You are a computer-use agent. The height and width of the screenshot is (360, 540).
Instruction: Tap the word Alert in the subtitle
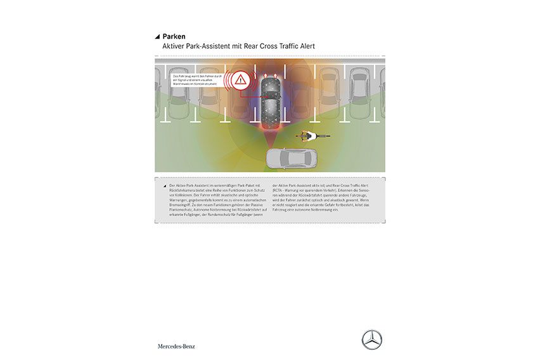(x=303, y=47)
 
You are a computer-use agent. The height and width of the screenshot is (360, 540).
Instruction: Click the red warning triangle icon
(x=240, y=80)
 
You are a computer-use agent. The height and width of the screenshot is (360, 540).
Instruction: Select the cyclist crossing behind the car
(x=311, y=135)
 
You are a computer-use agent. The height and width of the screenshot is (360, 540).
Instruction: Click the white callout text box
(x=195, y=80)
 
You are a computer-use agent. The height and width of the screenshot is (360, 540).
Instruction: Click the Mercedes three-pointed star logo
(x=371, y=340)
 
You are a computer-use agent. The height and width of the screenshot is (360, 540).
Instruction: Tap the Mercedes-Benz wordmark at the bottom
(x=176, y=346)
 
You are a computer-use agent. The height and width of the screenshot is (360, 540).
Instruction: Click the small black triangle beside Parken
(x=158, y=37)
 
